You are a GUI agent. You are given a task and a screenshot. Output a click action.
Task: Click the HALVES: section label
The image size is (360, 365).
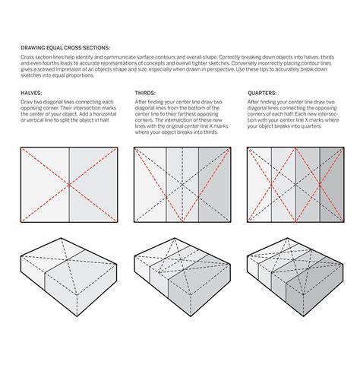(x=31, y=92)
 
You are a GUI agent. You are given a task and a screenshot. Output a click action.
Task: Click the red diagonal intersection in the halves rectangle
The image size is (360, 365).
(x=69, y=185)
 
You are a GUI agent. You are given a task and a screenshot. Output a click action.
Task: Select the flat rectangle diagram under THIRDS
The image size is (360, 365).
(x=182, y=185)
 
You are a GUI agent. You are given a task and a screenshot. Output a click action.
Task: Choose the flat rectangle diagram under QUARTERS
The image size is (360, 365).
(x=295, y=185)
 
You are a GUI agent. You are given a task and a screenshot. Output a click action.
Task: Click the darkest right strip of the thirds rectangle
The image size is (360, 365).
(x=214, y=185)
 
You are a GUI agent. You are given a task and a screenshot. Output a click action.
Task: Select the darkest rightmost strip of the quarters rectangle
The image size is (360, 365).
(x=330, y=185)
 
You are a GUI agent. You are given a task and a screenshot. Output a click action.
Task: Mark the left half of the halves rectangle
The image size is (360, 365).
(x=44, y=185)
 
